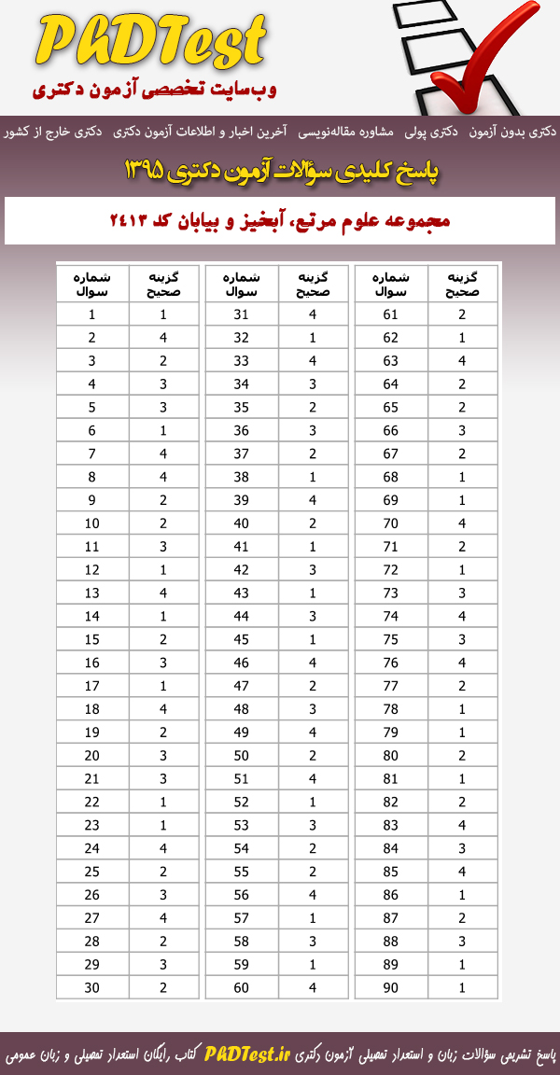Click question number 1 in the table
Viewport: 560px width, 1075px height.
[x=92, y=314]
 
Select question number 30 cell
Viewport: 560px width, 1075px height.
[x=92, y=987]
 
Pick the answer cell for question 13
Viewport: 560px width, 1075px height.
[x=163, y=593]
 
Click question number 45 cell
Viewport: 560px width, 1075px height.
[x=242, y=639]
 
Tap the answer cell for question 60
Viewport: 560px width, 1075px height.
[x=313, y=987]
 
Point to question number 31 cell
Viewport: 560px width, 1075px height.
[x=242, y=314]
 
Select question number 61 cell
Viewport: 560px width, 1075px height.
[x=391, y=314]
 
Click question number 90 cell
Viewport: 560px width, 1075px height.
[x=391, y=987]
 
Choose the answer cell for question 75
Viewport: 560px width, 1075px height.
[x=462, y=639]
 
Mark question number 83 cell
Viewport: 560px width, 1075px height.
[x=391, y=825]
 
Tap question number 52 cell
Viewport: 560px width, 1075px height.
[x=242, y=802]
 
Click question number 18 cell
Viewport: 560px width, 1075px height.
[x=92, y=709]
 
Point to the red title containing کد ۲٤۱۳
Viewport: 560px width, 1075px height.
[x=280, y=221]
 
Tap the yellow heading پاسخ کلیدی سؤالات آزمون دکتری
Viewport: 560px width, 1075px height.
[x=280, y=171]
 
